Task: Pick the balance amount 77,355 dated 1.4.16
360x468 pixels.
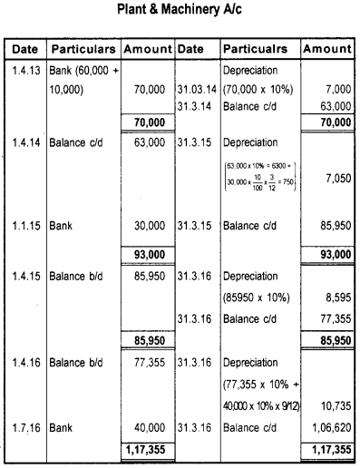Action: pyautogui.click(x=148, y=360)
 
